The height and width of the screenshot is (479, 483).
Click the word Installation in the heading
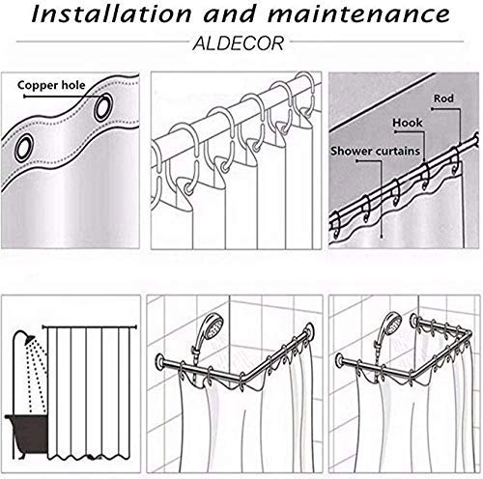[111, 14]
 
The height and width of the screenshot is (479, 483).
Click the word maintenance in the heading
[359, 14]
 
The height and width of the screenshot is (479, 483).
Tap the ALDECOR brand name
[239, 43]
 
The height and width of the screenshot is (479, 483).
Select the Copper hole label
[51, 85]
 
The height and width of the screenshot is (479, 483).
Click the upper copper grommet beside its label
[103, 107]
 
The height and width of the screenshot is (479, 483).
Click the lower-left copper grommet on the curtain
[24, 148]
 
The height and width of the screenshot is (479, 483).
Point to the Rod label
[443, 99]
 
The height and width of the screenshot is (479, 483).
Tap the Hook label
[407, 123]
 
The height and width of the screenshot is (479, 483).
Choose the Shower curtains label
[375, 151]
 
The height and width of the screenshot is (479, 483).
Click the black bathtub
[27, 433]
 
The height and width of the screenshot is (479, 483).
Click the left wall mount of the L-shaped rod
[160, 360]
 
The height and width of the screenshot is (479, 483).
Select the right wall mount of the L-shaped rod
[310, 330]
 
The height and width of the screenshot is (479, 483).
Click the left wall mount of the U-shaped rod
[340, 360]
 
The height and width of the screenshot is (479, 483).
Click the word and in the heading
[230, 14]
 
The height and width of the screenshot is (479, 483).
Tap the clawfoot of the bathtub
[20, 455]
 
